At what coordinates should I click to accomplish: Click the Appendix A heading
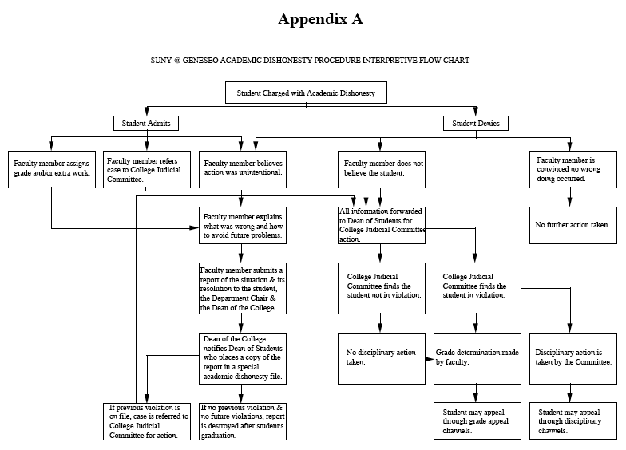320,19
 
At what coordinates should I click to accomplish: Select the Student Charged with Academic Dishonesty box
307,93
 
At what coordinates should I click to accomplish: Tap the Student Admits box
145,123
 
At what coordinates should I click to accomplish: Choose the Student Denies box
476,123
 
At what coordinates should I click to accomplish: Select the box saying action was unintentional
240,169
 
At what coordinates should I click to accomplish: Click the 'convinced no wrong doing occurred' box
572,169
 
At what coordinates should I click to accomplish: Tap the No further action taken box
572,225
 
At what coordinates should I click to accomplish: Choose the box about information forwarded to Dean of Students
381,225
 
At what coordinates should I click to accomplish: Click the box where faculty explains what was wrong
241,227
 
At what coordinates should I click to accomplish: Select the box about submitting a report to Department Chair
241,288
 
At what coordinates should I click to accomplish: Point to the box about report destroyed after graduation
241,421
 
